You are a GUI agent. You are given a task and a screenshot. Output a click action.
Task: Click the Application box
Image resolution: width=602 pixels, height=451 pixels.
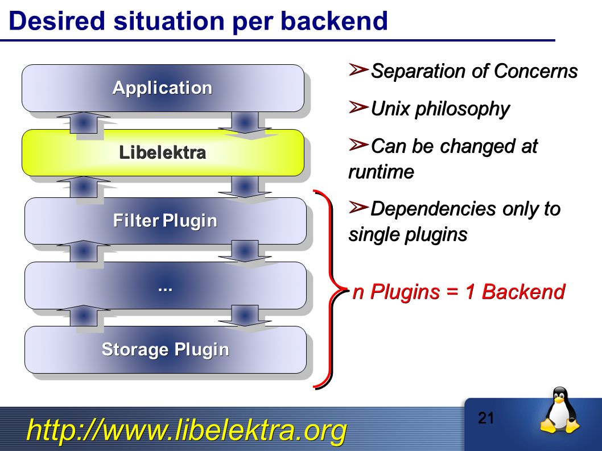(x=163, y=88)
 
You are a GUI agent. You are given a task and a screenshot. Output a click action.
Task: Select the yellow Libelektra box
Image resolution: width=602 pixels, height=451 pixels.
(x=163, y=152)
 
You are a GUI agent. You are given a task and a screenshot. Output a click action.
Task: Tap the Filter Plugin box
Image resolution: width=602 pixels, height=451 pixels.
(x=166, y=221)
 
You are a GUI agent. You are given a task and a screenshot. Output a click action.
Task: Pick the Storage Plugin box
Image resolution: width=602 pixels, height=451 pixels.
(x=166, y=350)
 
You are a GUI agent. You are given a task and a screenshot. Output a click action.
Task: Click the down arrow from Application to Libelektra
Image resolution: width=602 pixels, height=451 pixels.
(x=245, y=123)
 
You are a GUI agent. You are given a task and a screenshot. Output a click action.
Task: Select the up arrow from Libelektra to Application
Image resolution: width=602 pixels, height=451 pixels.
(x=83, y=122)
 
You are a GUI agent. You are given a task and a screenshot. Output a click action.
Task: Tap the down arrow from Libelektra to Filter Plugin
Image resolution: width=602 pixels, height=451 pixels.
(x=245, y=187)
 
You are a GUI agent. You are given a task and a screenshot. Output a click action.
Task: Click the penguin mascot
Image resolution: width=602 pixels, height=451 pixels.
(x=560, y=410)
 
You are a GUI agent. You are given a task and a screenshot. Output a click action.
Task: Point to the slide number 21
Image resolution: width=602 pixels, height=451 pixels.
(x=486, y=418)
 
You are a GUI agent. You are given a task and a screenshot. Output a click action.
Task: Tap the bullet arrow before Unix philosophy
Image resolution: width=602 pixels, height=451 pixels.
(x=358, y=107)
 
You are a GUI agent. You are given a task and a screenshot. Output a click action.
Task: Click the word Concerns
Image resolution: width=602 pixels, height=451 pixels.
(x=535, y=71)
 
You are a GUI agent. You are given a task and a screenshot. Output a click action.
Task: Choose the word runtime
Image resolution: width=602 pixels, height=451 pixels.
(x=381, y=172)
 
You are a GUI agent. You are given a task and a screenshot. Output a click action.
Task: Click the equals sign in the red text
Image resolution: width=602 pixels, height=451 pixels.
(x=453, y=292)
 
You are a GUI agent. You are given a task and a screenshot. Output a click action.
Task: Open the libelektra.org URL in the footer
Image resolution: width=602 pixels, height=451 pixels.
(x=187, y=430)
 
